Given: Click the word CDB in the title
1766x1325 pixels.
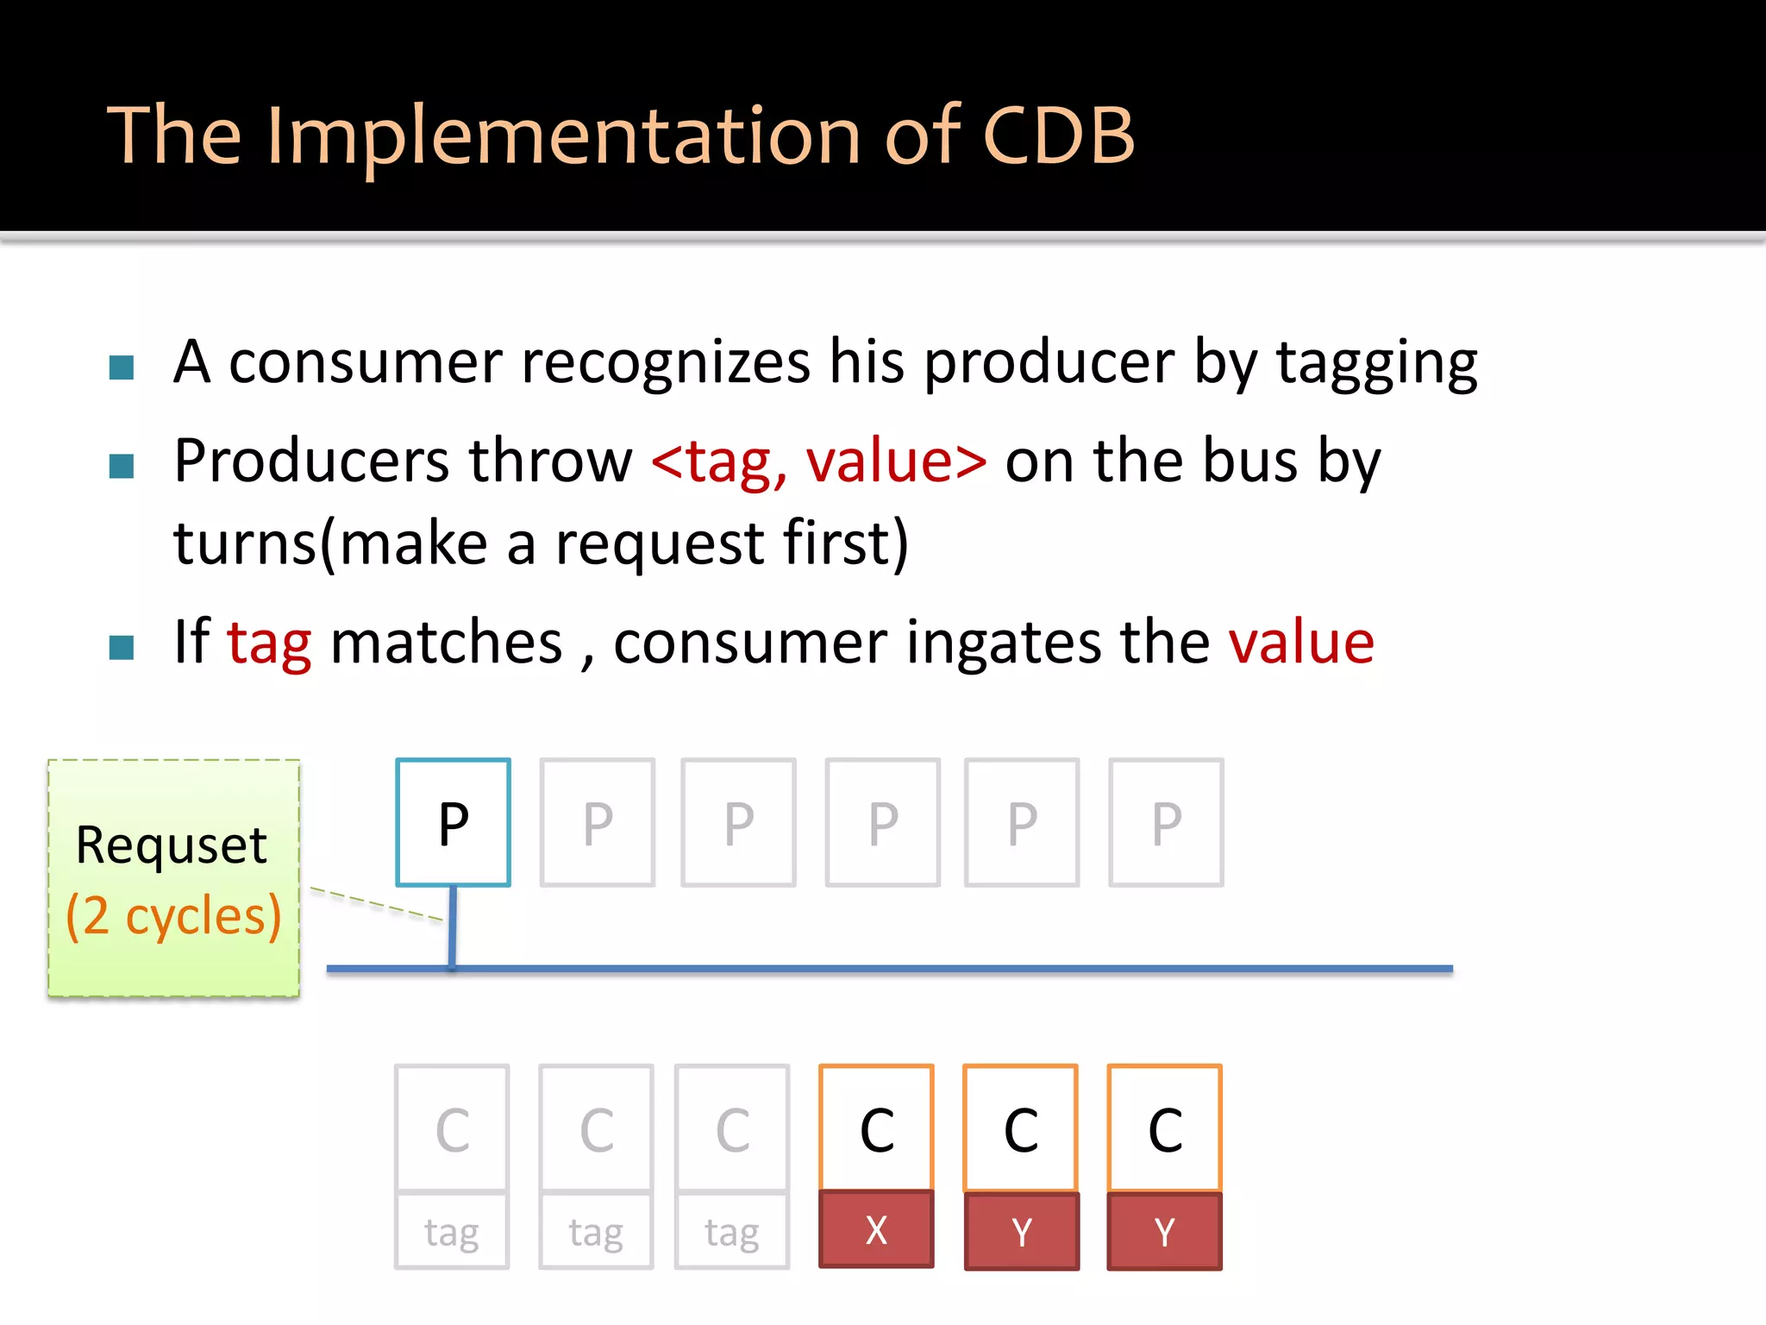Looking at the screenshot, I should click(1058, 135).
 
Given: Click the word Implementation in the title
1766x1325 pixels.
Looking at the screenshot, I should click(564, 135).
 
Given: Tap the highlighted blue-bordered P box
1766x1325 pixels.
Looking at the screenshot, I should click(453, 822).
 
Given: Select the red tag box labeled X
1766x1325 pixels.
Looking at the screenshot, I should click(876, 1229).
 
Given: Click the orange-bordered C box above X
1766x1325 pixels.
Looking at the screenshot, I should click(876, 1128).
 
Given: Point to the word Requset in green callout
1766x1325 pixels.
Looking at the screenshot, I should click(171, 845).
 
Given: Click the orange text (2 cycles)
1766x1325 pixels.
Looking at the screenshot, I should click(173, 916).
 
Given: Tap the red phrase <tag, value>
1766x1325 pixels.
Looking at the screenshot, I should click(818, 461).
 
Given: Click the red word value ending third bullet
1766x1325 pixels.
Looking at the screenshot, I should click(1301, 643).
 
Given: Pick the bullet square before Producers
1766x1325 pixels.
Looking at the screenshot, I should click(122, 467).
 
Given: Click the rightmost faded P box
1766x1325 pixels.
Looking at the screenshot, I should click(1166, 822).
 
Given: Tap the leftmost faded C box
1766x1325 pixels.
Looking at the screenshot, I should click(452, 1128).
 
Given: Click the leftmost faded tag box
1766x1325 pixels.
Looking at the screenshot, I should click(452, 1231).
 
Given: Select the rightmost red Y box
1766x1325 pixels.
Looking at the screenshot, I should click(1164, 1231).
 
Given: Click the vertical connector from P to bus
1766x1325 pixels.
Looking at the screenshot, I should click(452, 927).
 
